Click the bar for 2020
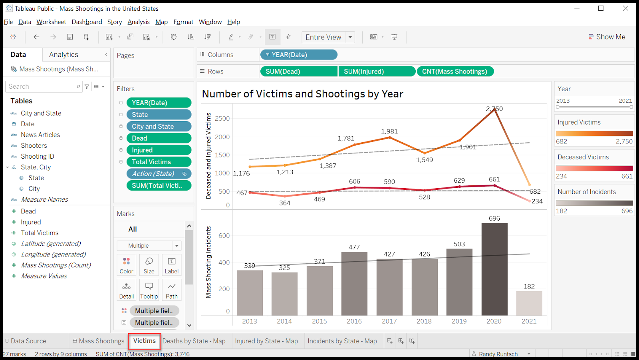click(494, 269)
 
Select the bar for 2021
click(529, 303)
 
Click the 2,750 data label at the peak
click(494, 109)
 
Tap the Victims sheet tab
click(144, 341)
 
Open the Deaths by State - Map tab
click(194, 341)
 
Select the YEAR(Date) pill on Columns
click(299, 55)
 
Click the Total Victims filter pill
click(159, 162)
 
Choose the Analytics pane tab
click(64, 54)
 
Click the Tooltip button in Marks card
click(149, 290)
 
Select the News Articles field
click(40, 135)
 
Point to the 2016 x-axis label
click(354, 321)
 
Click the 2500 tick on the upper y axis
click(222, 119)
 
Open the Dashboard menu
click(87, 22)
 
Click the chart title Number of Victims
click(302, 93)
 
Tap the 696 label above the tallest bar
click(494, 219)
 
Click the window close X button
click(625, 8)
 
